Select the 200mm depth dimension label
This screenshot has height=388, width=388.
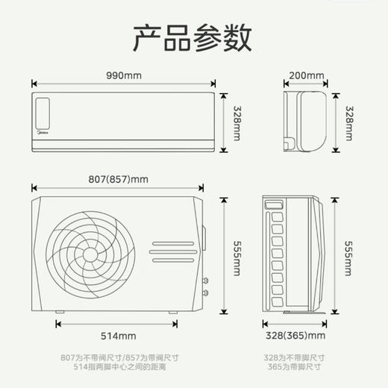pos(307,76)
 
